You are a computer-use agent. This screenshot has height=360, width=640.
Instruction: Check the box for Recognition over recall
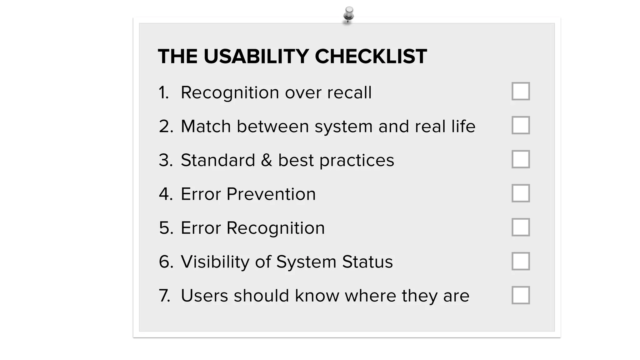521,91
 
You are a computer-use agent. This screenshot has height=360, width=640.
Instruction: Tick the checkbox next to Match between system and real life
521,125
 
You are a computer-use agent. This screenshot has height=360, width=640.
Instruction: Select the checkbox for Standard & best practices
521,159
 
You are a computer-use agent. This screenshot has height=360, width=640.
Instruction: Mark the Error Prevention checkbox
521,193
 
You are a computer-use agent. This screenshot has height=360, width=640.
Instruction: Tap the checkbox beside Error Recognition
521,227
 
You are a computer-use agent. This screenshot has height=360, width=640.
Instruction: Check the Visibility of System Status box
521,261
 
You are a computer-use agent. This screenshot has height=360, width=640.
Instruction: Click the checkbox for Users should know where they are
521,295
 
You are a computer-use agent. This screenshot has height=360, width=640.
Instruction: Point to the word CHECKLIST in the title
371,57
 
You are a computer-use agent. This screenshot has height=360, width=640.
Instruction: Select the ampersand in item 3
267,160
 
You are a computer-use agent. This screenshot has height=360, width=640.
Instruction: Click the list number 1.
163,93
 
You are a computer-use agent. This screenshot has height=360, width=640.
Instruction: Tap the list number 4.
165,194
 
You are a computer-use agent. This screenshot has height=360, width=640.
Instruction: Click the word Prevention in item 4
271,194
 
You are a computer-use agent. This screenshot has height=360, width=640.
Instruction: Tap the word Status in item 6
367,262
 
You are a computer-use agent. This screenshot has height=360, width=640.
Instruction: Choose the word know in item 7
317,296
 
